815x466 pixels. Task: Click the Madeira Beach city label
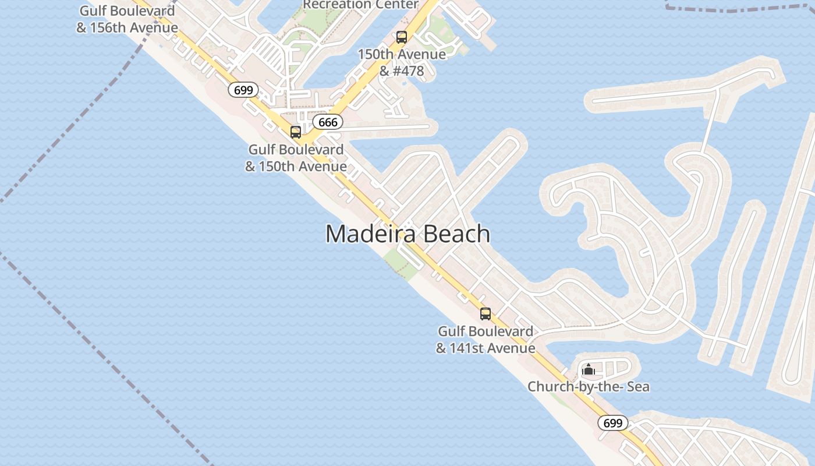(x=408, y=234)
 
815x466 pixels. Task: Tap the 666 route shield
(x=328, y=122)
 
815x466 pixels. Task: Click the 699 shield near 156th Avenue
(x=243, y=90)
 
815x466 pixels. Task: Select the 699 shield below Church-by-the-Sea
(x=612, y=423)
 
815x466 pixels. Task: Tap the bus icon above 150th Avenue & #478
(x=401, y=37)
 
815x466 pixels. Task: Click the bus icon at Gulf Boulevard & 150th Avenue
(x=296, y=132)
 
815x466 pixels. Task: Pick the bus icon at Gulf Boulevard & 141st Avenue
(x=485, y=314)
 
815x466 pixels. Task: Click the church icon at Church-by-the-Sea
(x=588, y=369)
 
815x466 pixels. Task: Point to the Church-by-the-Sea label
(x=588, y=387)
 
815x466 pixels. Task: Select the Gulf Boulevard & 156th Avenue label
(x=127, y=19)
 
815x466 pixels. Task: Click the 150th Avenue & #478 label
(x=402, y=62)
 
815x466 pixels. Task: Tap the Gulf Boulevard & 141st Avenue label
(x=486, y=340)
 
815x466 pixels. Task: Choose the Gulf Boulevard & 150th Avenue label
(x=296, y=158)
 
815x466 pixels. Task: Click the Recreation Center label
(x=360, y=5)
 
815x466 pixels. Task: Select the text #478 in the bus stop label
(x=409, y=71)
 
